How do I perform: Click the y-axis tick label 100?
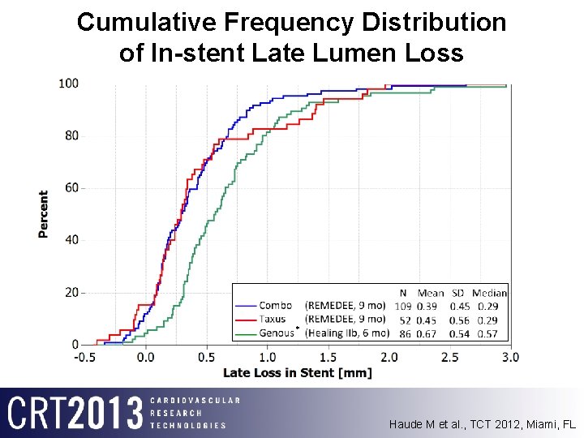(68, 84)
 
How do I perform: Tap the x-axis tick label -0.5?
(84, 357)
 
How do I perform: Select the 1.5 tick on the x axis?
(328, 357)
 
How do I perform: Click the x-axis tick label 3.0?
(509, 357)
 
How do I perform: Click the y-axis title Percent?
(43, 214)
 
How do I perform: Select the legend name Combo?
(276, 306)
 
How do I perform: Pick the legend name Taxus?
(273, 320)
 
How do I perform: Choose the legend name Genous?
(277, 333)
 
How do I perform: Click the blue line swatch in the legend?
(246, 306)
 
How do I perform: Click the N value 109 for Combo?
(403, 306)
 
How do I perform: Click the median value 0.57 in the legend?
(488, 333)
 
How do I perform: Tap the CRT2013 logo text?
(75, 413)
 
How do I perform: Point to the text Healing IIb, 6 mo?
(346, 333)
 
